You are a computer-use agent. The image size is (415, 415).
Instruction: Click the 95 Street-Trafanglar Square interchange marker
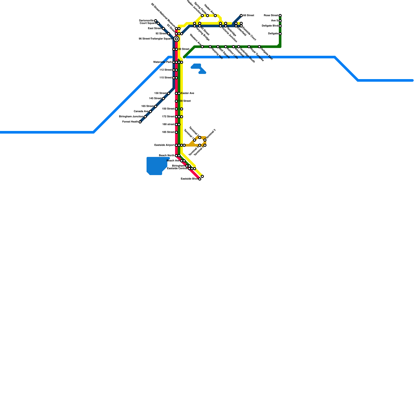click(176, 39)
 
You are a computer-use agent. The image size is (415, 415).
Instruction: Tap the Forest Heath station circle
click(140, 122)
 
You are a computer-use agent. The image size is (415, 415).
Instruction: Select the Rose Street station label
click(271, 16)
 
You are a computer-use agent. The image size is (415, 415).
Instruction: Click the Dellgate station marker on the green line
click(280, 34)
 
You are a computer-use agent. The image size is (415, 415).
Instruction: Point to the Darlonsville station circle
click(156, 21)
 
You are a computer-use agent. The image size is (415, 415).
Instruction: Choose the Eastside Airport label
click(164, 145)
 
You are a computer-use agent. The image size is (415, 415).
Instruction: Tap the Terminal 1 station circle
click(195, 140)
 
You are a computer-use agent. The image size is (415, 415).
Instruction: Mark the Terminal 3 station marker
click(205, 140)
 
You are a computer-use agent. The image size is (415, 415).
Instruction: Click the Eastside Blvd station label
click(189, 179)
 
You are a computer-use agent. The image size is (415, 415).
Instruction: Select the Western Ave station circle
click(202, 47)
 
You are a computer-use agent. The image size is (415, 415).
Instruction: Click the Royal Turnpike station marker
click(249, 47)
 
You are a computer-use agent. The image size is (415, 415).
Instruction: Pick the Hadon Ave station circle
click(215, 16)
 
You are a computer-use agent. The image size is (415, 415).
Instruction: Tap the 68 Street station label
click(248, 16)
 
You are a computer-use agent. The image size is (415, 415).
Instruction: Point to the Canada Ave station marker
click(150, 112)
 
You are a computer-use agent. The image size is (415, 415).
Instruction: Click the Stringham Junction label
click(131, 117)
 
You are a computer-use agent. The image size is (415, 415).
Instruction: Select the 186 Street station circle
click(176, 132)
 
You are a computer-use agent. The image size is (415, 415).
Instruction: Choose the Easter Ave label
click(188, 93)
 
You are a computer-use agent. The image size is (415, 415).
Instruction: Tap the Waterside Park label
click(163, 62)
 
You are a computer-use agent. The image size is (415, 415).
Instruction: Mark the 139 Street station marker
click(176, 101)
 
